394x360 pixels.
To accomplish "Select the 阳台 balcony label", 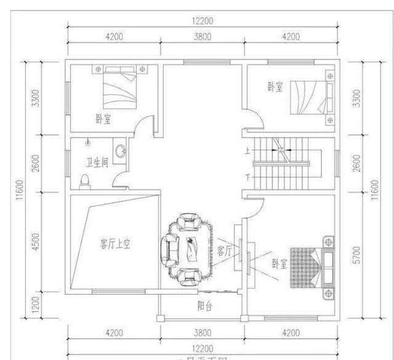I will pos(196,303).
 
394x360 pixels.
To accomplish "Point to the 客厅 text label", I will pos(224,250).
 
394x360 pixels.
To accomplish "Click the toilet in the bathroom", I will pos(86,179).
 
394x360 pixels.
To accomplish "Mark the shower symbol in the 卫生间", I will pos(87,143).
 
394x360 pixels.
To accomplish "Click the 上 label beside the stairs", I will pos(248,150).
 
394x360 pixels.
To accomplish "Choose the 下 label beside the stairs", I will pos(248,177).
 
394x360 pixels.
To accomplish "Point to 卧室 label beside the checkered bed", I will pos(279,264).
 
